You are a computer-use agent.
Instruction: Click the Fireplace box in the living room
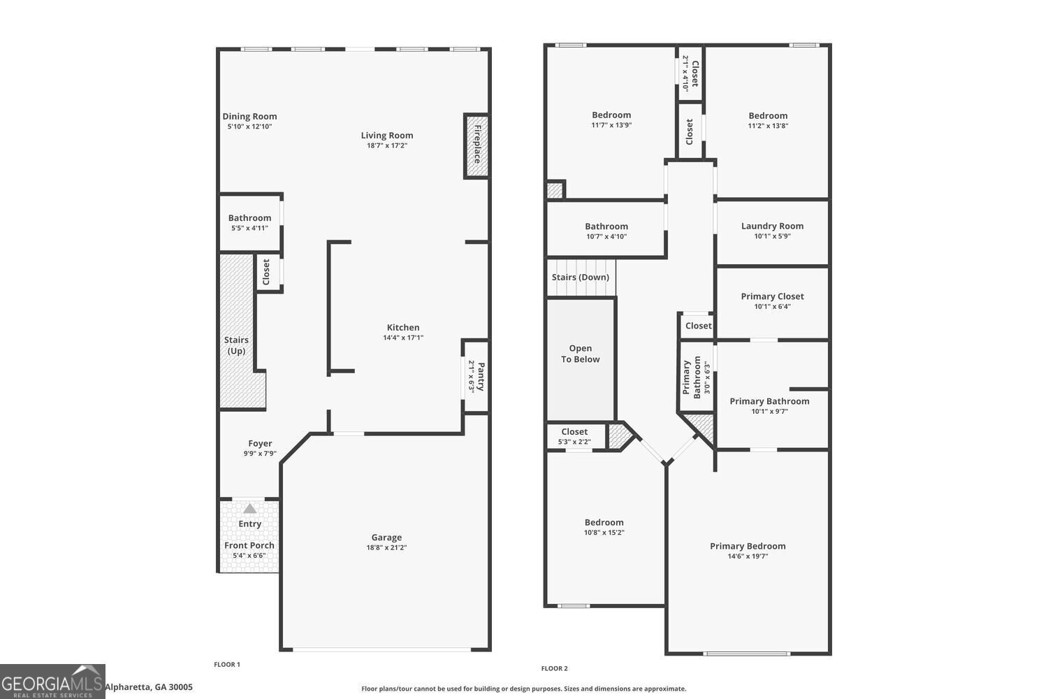pyautogui.click(x=476, y=145)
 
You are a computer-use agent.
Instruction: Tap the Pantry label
pyautogui.click(x=481, y=375)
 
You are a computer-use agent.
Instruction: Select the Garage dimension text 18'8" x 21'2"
pyautogui.click(x=386, y=548)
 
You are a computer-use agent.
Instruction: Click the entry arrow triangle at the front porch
pyautogui.click(x=249, y=508)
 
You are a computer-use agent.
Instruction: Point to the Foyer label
pyautogui.click(x=260, y=443)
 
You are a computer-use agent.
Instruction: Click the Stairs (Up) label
pyautogui.click(x=236, y=345)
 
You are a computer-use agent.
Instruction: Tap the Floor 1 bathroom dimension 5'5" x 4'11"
pyautogui.click(x=249, y=228)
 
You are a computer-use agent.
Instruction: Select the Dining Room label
pyautogui.click(x=249, y=117)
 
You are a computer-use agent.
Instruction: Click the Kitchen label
pyautogui.click(x=403, y=327)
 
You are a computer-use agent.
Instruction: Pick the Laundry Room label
pyautogui.click(x=772, y=226)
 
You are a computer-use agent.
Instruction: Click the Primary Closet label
pyautogui.click(x=772, y=296)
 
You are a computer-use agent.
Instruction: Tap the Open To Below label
pyautogui.click(x=580, y=354)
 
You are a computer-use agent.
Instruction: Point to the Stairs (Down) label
pyautogui.click(x=580, y=278)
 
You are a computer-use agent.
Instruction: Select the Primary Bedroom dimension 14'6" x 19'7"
pyautogui.click(x=748, y=556)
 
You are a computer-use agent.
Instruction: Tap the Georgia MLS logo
pyautogui.click(x=52, y=682)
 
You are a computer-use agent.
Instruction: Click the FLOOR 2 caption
pyautogui.click(x=555, y=669)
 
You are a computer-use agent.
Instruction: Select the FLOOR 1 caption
pyautogui.click(x=227, y=665)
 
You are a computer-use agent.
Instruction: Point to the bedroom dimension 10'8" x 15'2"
pyautogui.click(x=604, y=533)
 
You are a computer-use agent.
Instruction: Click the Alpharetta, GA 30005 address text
pyautogui.click(x=149, y=687)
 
